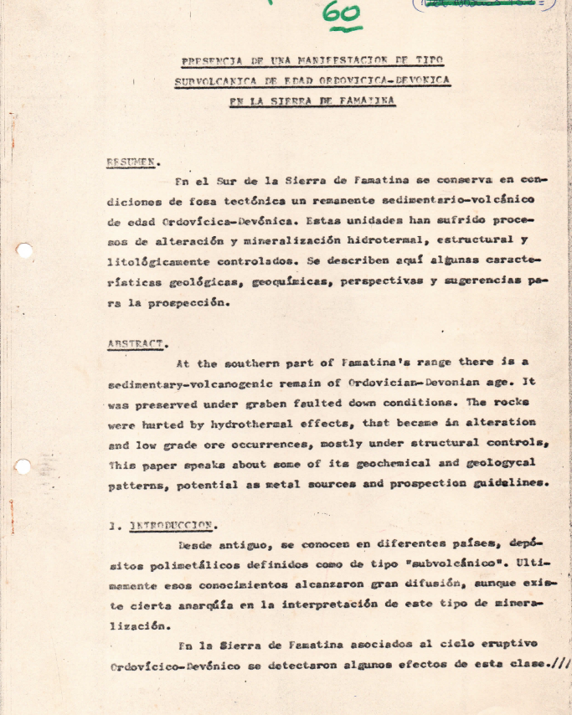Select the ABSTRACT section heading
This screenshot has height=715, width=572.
pos(137,343)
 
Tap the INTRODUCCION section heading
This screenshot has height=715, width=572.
pos(173,526)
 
